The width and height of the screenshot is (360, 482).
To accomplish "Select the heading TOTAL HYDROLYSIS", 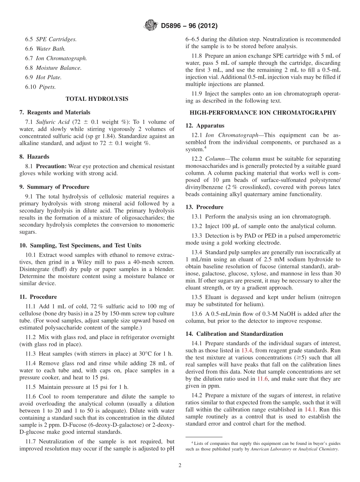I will [97, 99].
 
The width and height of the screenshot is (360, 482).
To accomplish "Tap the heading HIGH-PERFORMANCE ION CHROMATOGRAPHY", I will [263, 113].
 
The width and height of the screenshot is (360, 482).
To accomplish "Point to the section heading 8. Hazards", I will [34, 156].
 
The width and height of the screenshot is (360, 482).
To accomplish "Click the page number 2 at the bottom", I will [180, 465].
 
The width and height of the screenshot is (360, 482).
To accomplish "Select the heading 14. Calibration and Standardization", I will [234, 334].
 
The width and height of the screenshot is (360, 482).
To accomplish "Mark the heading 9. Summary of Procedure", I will [54, 187].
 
